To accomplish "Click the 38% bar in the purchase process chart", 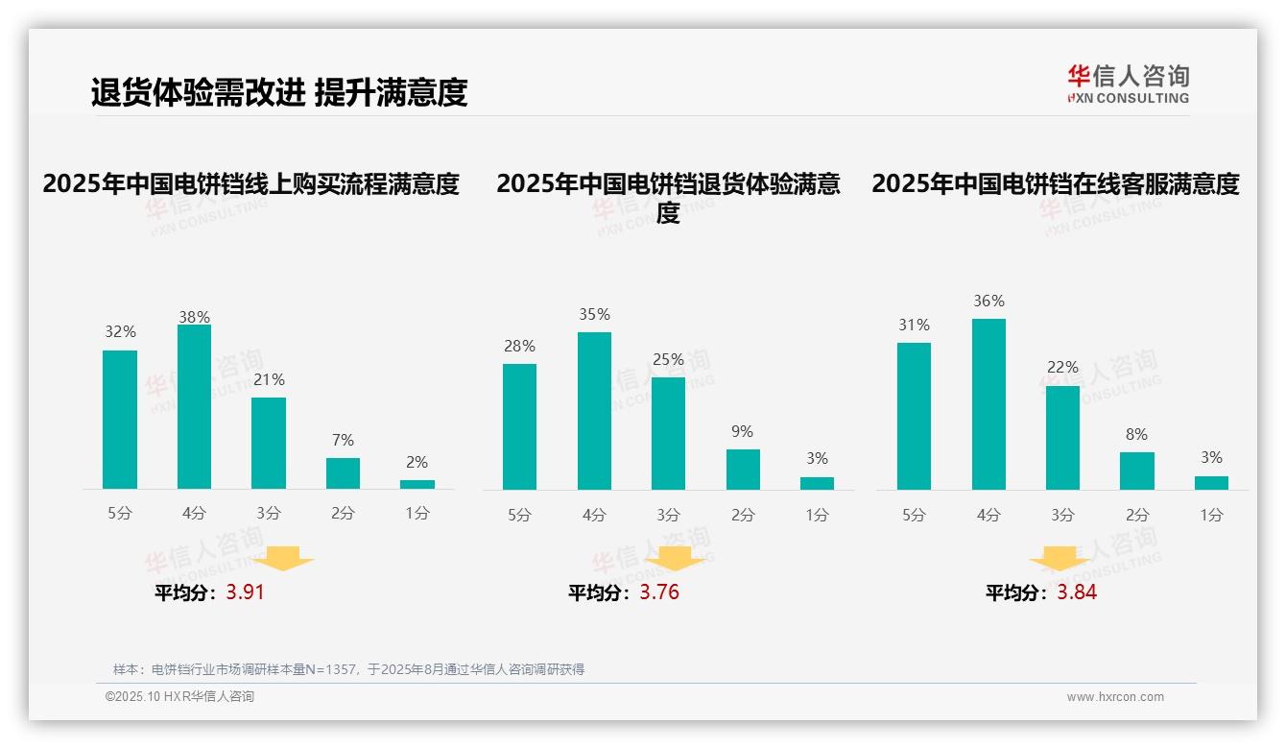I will click(195, 407).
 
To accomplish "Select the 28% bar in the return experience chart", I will click(519, 426).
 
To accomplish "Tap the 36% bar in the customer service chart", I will click(988, 404).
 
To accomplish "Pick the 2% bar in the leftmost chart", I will click(417, 484).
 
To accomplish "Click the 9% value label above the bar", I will click(742, 432).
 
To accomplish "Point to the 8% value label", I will click(1136, 434).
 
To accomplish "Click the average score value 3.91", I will click(245, 592).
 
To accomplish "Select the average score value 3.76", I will click(659, 592).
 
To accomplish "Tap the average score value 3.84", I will click(1077, 592).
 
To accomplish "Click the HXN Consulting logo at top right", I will click(1128, 84).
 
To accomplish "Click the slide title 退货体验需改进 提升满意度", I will click(279, 93).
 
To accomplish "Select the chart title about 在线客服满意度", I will click(1056, 183).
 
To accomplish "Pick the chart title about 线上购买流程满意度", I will click(251, 183).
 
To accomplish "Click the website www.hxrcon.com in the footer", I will click(1115, 697).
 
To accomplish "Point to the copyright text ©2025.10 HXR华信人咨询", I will click(179, 697).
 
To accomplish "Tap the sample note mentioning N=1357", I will click(348, 669).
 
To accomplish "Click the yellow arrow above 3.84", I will click(1060, 559).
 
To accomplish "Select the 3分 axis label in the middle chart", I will click(668, 515).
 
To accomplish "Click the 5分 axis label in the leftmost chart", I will click(119, 513).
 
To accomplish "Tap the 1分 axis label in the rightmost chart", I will click(1211, 515).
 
